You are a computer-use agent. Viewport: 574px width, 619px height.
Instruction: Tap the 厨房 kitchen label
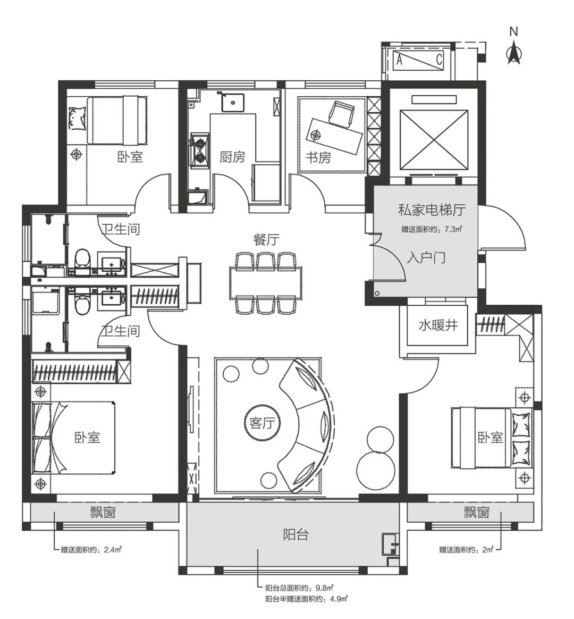click(x=232, y=157)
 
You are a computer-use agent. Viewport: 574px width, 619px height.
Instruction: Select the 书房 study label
click(x=318, y=157)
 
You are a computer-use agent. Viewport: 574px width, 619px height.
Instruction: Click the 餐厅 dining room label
click(x=267, y=240)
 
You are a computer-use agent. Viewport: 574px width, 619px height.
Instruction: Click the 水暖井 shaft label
click(x=438, y=325)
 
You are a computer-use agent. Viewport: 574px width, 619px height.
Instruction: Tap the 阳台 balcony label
click(x=296, y=534)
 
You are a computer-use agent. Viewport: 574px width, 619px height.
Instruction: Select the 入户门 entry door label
click(x=426, y=258)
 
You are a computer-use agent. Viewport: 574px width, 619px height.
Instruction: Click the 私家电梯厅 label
click(x=432, y=210)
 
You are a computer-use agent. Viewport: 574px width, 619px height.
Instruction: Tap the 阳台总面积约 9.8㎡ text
click(x=300, y=589)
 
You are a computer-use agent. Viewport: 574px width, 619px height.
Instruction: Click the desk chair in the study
click(x=341, y=114)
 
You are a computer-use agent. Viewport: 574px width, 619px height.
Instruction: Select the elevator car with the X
click(x=434, y=140)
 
